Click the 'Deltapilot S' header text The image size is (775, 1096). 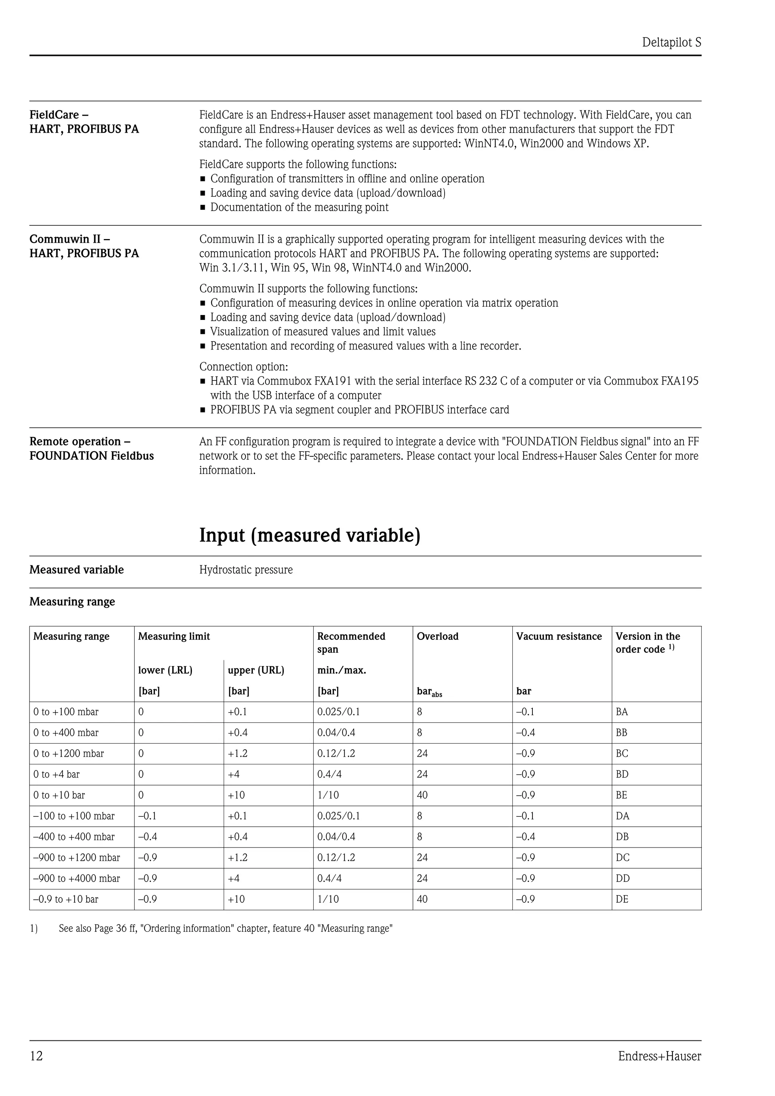(671, 42)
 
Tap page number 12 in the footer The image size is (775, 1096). (36, 1056)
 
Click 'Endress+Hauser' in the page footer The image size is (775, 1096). (660, 1056)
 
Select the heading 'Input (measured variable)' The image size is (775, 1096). (310, 535)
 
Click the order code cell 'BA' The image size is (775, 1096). (622, 712)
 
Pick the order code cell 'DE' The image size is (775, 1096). (622, 899)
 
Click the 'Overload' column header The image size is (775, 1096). (437, 636)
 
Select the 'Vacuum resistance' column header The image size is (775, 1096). (559, 636)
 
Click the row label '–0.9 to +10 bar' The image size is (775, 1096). (65, 899)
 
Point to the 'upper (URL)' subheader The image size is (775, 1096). (256, 670)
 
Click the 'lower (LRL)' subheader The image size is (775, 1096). (165, 670)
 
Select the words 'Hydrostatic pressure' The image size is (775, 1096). (246, 570)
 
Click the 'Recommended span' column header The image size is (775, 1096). (351, 643)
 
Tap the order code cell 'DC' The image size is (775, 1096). (622, 857)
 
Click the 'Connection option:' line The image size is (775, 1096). (244, 366)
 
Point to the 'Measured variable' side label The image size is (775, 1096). (76, 570)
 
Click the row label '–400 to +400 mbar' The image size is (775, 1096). (74, 836)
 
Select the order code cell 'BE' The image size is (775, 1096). (621, 795)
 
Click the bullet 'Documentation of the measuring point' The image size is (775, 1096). (299, 207)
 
